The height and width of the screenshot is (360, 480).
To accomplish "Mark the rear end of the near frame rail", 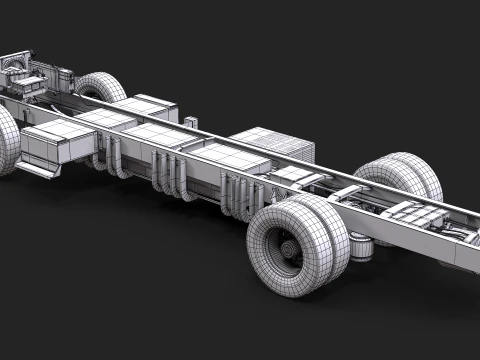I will pos(466,256).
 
